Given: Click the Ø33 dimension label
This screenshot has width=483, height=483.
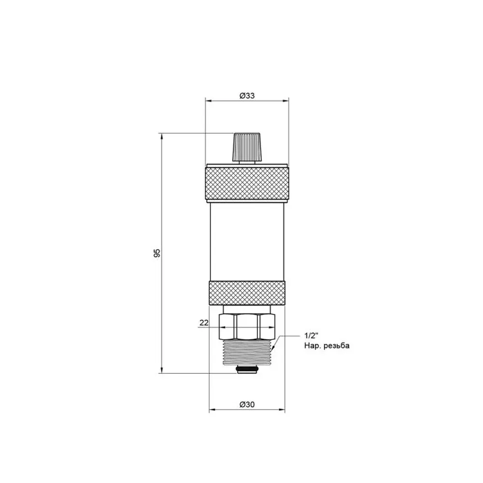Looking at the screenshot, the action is [x=247, y=96].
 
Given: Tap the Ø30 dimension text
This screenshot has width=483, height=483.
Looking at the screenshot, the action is [x=247, y=404].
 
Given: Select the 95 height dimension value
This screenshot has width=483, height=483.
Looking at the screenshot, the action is [x=157, y=253].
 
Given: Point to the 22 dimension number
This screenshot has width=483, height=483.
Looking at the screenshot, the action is [x=204, y=323].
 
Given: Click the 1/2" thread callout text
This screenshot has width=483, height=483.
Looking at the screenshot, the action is [x=310, y=336].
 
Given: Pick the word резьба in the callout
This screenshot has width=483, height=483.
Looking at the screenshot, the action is [x=338, y=346].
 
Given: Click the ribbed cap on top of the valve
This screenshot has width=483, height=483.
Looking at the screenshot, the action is [x=247, y=147].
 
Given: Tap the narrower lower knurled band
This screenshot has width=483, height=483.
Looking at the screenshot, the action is [x=247, y=293].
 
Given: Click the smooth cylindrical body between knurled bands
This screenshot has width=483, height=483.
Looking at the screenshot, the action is [x=247, y=242].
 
